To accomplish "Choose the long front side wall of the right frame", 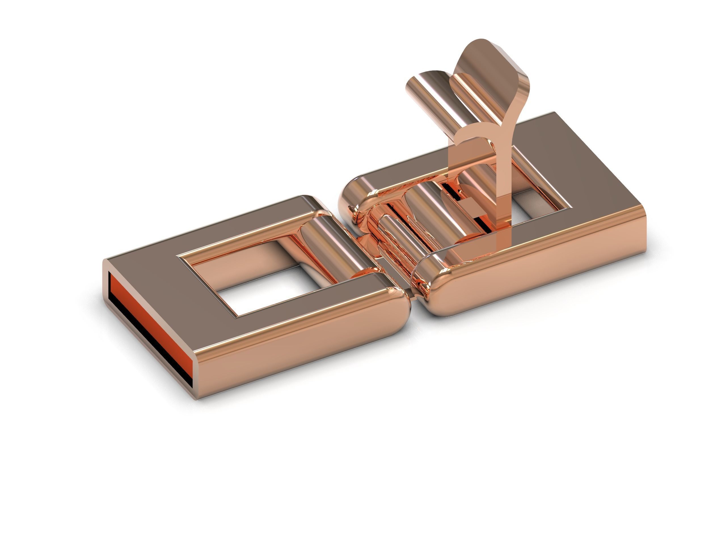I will click(x=542, y=272).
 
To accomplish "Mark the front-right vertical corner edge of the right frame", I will click(x=642, y=227).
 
